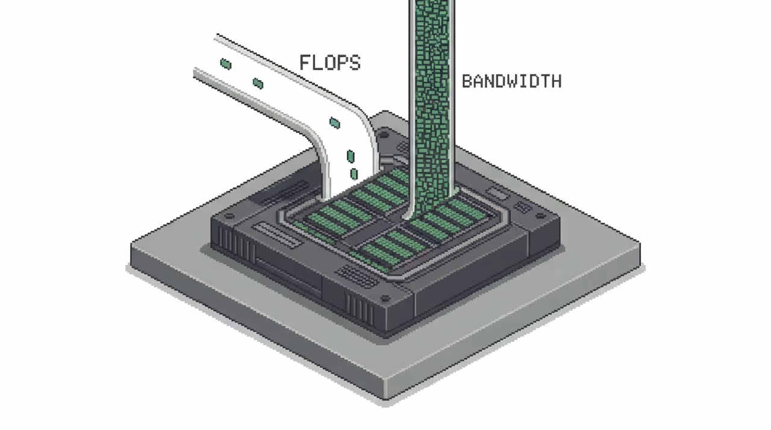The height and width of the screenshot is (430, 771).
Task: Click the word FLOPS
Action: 330,63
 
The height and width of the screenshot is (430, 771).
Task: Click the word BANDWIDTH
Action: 511,81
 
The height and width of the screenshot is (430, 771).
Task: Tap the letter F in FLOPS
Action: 305,63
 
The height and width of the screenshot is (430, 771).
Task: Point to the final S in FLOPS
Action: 355,63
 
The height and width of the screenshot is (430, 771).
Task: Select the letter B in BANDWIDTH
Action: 467,81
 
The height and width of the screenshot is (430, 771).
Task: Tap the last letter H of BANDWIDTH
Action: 557,81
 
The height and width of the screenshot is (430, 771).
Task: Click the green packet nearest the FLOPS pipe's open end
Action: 225,64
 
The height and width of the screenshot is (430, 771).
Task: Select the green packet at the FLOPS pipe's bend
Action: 334,123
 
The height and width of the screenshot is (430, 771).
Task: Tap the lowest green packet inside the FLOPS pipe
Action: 354,173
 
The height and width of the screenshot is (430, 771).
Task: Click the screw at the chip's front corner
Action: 385,298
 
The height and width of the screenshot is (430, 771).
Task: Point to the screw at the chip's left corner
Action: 228,216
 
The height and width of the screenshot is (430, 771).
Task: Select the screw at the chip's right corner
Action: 540,216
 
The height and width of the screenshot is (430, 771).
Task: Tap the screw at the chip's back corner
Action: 384,134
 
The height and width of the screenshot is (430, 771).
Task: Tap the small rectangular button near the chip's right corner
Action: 498,193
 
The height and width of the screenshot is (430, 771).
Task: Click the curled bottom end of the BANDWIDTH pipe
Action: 407,216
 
